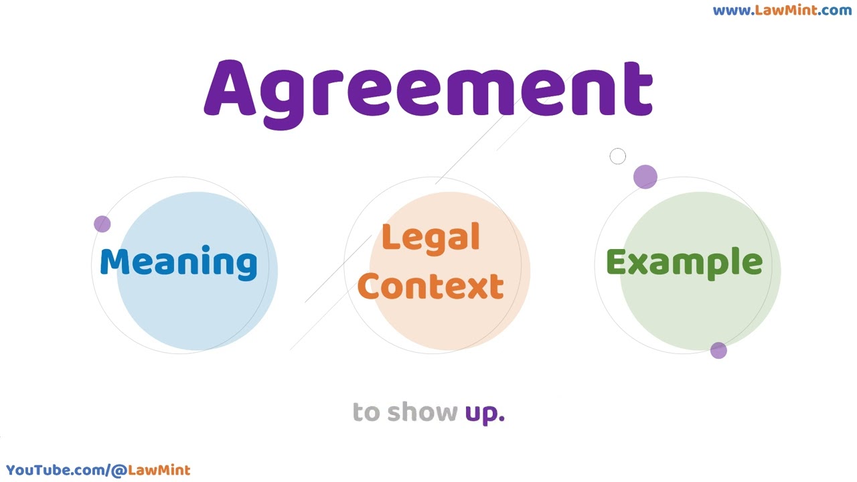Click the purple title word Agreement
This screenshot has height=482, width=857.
pos(428,94)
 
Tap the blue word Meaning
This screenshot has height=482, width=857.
pos(179,263)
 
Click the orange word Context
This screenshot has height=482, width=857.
pos(431,286)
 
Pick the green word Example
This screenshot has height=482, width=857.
pos(684,264)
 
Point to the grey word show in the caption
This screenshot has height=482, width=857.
pos(422,412)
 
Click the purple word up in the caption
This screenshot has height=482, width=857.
pos(485,414)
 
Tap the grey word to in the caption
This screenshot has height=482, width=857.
pos(366,412)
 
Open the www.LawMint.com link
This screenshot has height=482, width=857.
pos(782,10)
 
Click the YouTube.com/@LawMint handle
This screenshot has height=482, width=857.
pos(98,470)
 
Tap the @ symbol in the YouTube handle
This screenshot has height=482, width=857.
pos(119,471)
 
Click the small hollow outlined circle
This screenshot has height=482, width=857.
pos(617,156)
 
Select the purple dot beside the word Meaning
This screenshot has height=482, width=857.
pos(102,224)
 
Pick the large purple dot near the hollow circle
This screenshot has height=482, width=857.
pos(645,177)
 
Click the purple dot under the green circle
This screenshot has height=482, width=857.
pos(718,350)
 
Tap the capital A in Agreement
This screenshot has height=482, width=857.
pos(230,88)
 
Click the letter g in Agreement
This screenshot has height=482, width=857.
pos(283,100)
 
